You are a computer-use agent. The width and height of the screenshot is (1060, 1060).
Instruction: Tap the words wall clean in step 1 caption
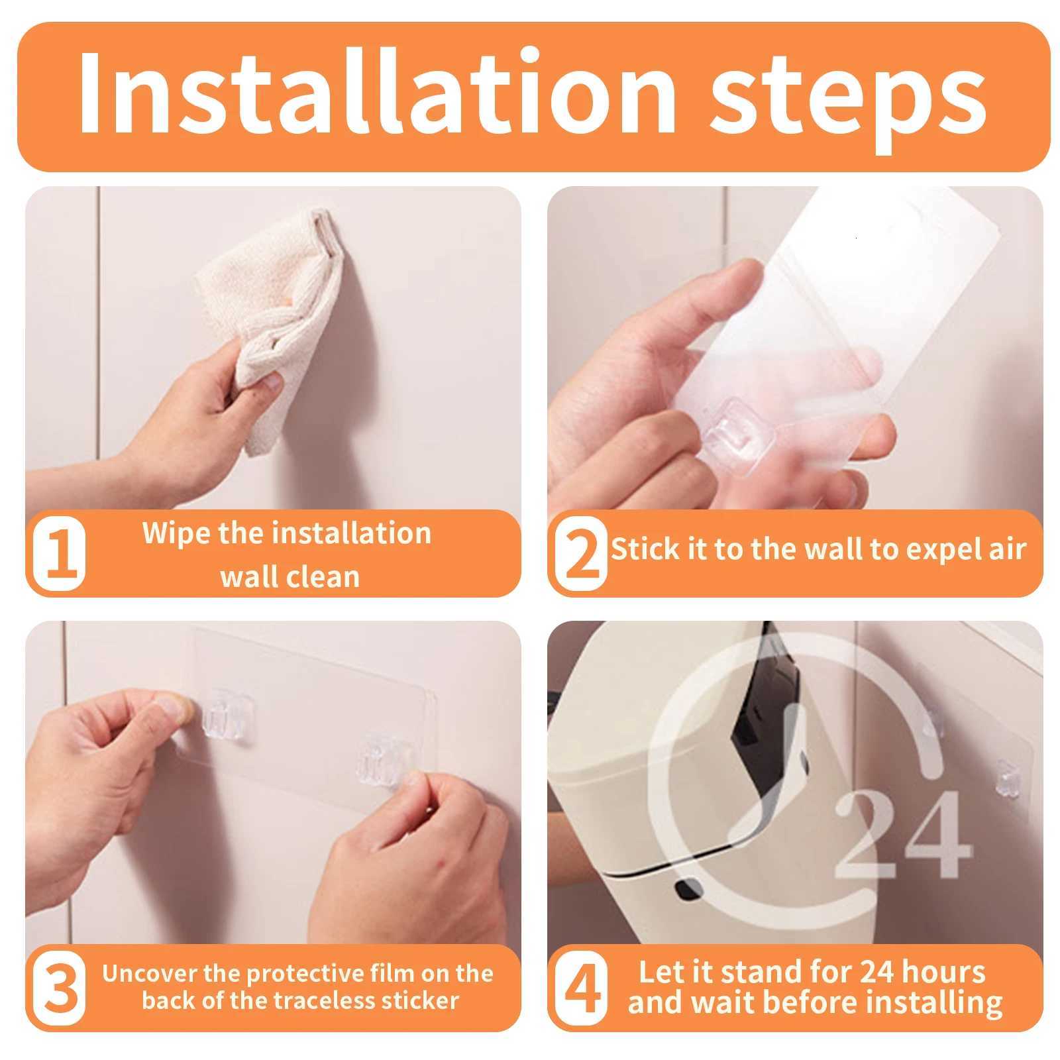coord(290,576)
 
